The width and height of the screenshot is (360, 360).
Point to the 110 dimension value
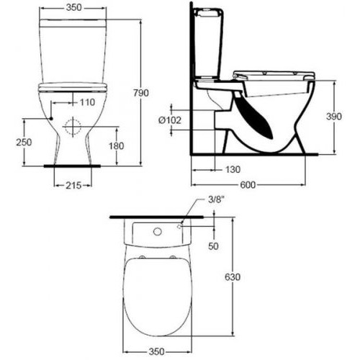(87, 102)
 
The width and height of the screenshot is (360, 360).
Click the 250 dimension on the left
(24, 142)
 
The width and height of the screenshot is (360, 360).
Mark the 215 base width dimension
(71, 186)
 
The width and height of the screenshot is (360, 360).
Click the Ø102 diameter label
(171, 120)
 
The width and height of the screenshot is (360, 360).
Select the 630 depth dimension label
(232, 276)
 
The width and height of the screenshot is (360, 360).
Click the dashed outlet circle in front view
(72, 128)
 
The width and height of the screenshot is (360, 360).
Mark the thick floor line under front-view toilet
(71, 166)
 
